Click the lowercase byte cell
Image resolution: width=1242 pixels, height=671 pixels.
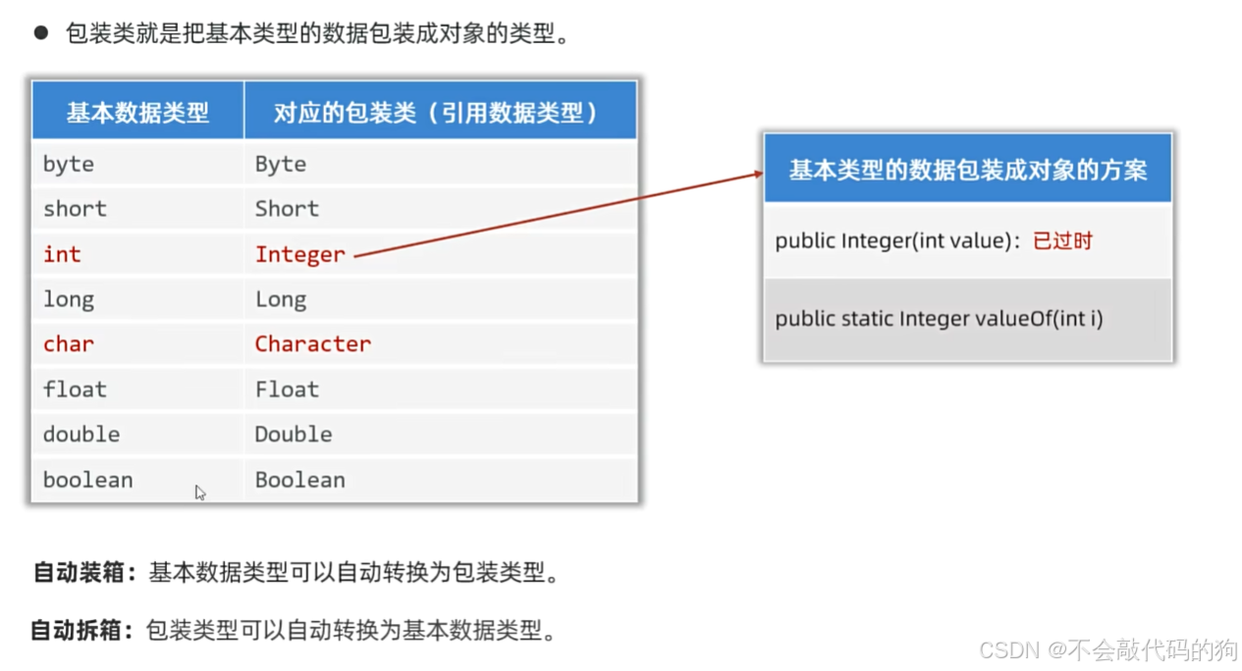pyautogui.click(x=69, y=165)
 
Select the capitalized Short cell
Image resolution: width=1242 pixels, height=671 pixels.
pyautogui.click(x=287, y=209)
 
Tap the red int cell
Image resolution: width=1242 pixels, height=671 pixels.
pyautogui.click(x=62, y=254)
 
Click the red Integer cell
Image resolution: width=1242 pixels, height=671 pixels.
pyautogui.click(x=300, y=254)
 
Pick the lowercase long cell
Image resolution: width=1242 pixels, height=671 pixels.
pyautogui.click(x=69, y=299)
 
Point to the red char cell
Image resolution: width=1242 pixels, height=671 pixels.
pyautogui.click(x=69, y=344)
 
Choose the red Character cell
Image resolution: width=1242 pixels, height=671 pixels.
pyautogui.click(x=313, y=344)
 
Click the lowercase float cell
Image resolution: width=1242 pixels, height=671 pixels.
pyautogui.click(x=75, y=389)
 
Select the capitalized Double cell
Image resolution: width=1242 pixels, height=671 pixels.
pyautogui.click(x=294, y=434)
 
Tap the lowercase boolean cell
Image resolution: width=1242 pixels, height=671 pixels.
pyautogui.click(x=88, y=480)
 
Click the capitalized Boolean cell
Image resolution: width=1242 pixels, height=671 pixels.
pyautogui.click(x=300, y=480)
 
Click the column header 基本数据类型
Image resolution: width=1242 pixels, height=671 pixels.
pyautogui.click(x=137, y=113)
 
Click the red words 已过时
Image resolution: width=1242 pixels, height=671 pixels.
pyautogui.click(x=1062, y=241)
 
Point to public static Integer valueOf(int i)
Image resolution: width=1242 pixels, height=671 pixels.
pyautogui.click(x=939, y=319)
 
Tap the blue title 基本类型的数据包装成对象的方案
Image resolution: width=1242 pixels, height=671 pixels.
pyautogui.click(x=968, y=169)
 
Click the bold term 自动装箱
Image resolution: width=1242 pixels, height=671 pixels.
pyautogui.click(x=83, y=573)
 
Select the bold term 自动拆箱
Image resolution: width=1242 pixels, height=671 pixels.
pyautogui.click(x=81, y=630)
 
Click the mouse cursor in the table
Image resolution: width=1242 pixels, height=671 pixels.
pyautogui.click(x=200, y=492)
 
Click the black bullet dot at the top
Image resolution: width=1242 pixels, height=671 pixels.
pyautogui.click(x=40, y=32)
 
